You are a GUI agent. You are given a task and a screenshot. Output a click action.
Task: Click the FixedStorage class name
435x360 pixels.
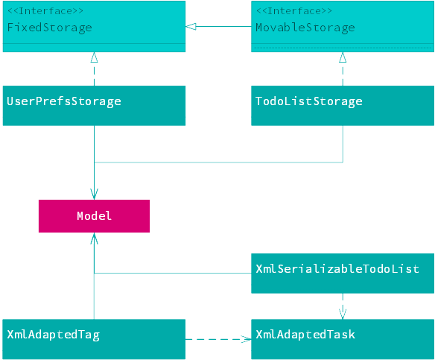[49, 28]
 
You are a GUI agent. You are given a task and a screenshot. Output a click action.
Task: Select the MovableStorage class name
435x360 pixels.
[305, 28]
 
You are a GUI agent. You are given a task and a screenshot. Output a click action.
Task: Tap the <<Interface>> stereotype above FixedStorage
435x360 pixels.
[45, 11]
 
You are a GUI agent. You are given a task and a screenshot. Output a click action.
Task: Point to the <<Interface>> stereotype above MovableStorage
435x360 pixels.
[294, 11]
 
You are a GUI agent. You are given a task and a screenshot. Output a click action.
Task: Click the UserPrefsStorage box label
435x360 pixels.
[64, 101]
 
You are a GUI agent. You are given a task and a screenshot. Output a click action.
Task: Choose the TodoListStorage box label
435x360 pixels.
[309, 101]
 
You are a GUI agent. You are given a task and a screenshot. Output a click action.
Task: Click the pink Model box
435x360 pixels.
[94, 216]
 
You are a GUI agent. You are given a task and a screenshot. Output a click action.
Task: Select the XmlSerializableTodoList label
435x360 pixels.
[337, 269]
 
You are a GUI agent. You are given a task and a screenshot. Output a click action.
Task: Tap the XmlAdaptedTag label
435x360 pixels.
[54, 335]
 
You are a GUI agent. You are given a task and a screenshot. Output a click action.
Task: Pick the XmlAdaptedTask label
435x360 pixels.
[305, 335]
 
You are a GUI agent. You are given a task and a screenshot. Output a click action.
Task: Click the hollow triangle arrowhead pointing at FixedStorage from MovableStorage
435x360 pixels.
[191, 27]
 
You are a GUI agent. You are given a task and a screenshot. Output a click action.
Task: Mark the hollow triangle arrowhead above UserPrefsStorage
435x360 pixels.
[94, 57]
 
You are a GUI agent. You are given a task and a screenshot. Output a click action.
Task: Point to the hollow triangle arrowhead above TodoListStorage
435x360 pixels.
[343, 57]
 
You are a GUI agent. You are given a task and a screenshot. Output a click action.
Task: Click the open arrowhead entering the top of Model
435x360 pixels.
[94, 195]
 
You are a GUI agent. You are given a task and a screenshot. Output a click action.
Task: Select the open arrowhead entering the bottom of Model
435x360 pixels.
[94, 239]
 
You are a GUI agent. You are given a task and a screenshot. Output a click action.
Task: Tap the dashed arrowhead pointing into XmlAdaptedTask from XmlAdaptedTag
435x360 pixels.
[246, 339]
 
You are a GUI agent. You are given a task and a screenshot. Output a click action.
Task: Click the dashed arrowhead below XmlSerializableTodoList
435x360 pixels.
[343, 314]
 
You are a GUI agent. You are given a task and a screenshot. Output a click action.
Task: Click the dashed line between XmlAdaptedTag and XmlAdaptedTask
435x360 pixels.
[218, 339]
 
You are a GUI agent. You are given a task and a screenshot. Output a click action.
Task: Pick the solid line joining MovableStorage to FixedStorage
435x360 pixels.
[218, 27]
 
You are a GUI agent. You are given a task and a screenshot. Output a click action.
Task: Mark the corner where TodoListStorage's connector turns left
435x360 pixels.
[343, 162]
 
